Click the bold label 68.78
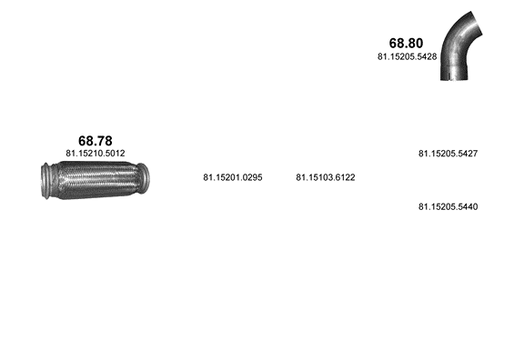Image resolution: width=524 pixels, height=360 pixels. pos(96,141)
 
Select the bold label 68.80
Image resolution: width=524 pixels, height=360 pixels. pos(406,43)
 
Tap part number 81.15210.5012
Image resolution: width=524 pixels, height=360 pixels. pos(96,154)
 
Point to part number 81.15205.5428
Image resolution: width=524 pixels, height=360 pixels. pos(407,56)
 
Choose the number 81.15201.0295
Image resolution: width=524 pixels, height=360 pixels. pos(233,177)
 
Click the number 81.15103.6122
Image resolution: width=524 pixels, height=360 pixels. pos(326,177)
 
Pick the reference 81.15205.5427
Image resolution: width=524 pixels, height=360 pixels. pos(448,154)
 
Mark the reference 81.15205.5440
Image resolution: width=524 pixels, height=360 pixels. pos(448,206)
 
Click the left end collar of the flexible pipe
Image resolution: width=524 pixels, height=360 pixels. pos(45,181)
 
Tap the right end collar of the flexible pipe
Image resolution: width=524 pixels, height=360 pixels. pos(143,178)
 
